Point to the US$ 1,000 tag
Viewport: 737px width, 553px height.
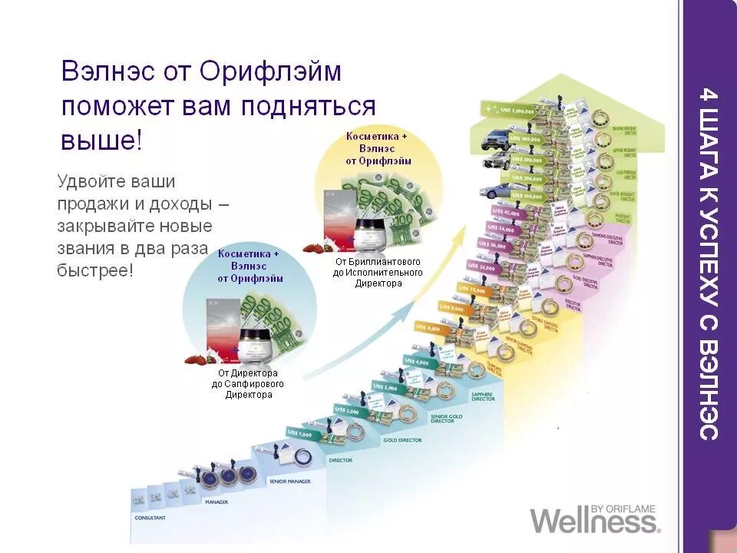tap(301, 434)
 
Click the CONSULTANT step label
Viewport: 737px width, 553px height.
tap(150, 518)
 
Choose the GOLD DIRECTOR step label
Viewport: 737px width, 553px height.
tap(403, 441)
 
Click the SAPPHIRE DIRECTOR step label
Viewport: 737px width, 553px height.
tap(483, 397)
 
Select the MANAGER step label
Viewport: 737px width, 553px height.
tap(216, 502)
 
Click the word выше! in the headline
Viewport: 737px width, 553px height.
tap(102, 140)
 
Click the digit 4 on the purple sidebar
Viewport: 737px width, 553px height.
tap(709, 98)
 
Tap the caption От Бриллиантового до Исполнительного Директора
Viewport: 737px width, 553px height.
tap(378, 273)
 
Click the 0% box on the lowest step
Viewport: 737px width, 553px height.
tap(139, 500)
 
